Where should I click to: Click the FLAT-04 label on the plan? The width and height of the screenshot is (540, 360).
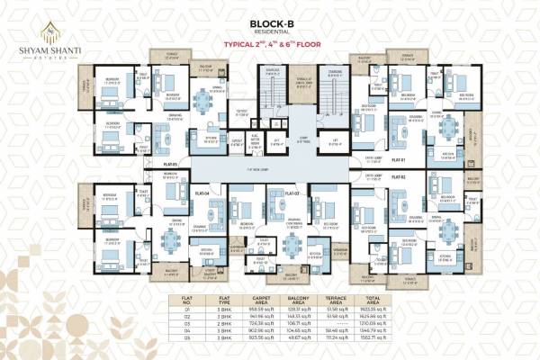(x=202, y=193)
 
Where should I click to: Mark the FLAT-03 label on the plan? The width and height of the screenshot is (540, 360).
(x=291, y=193)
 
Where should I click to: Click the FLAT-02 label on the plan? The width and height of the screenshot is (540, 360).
(x=400, y=178)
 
